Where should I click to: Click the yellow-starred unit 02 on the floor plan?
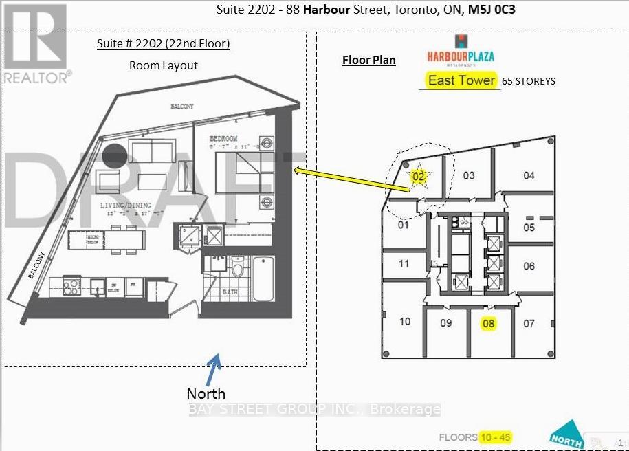pos(419,177)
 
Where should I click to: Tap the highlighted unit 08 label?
pos(488,323)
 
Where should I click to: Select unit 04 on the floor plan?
pos(528,175)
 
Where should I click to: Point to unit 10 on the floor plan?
pos(405,321)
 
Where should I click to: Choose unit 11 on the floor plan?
pos(404,263)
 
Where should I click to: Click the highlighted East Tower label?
pos(461,80)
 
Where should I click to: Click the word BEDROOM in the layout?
pos(225,139)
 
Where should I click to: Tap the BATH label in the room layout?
pos(230,292)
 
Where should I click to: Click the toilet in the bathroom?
pos(238,267)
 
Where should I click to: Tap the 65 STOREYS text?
pos(529,81)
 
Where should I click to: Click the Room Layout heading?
pos(164,65)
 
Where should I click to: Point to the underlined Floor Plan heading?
pos(369,60)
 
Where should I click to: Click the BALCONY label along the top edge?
pos(182,107)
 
